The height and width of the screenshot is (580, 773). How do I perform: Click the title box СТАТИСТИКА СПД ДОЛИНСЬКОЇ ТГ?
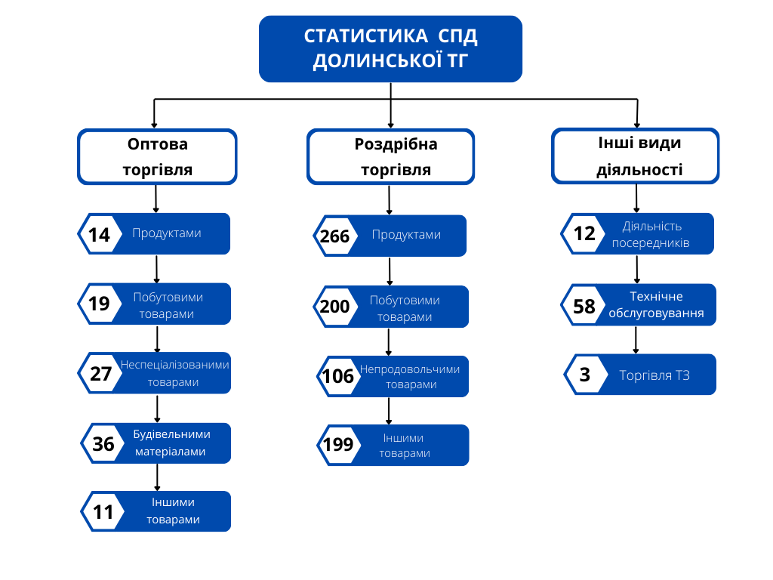pyautogui.click(x=390, y=48)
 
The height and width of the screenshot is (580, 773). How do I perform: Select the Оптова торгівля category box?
pyautogui.click(x=157, y=156)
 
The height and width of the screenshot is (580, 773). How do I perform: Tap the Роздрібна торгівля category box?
pyautogui.click(x=391, y=156)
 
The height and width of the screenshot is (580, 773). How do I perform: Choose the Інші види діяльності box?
pyautogui.click(x=636, y=156)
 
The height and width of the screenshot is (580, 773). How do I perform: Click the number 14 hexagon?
pyautogui.click(x=99, y=234)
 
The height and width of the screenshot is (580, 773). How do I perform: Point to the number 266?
pyautogui.click(x=334, y=236)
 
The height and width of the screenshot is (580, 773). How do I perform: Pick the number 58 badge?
pyautogui.click(x=584, y=306)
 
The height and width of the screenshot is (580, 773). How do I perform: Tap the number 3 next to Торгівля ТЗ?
pyautogui.click(x=585, y=375)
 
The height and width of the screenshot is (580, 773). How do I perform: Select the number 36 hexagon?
pyautogui.click(x=103, y=444)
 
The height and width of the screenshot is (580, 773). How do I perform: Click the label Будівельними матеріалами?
pyautogui.click(x=171, y=443)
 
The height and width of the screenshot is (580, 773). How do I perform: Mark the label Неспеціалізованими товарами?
pyautogui.click(x=174, y=373)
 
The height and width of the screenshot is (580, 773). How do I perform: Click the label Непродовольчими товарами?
pyautogui.click(x=410, y=377)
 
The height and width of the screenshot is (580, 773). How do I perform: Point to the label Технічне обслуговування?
pyautogui.click(x=656, y=305)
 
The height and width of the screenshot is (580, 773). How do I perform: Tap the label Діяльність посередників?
pyautogui.click(x=651, y=235)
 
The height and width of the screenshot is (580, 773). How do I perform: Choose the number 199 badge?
pyautogui.click(x=338, y=445)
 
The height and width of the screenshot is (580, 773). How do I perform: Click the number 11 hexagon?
pyautogui.click(x=103, y=513)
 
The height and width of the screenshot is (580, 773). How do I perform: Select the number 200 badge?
pyautogui.click(x=334, y=307)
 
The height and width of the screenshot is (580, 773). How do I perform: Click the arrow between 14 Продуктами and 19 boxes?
pyautogui.click(x=156, y=268)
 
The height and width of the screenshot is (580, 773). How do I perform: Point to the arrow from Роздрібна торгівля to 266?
pyautogui.click(x=390, y=200)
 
